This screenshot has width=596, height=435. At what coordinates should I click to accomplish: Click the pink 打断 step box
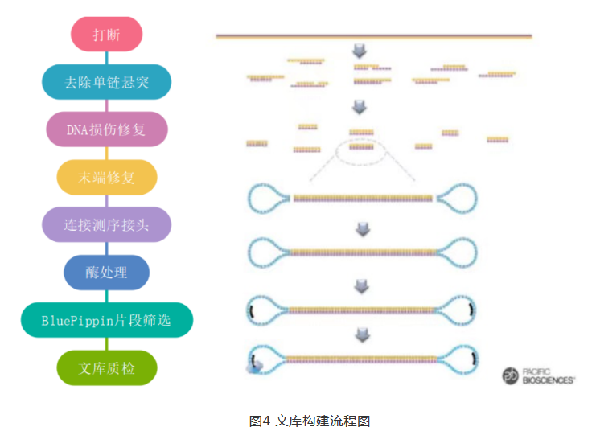pos(107,35)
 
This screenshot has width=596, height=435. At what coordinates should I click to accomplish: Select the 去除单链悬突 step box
pos(107,81)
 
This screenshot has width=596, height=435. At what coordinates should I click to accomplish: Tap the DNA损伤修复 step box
pos(107,129)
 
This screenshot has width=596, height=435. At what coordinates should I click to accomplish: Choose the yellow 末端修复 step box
pos(107,178)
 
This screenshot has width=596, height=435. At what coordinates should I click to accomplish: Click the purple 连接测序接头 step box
pos(107,224)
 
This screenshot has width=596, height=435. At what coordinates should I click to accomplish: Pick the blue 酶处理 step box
pos(107,272)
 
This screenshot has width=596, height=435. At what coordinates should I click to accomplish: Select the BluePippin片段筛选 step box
pos(107,319)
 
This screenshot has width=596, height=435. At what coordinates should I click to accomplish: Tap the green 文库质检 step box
pos(107,367)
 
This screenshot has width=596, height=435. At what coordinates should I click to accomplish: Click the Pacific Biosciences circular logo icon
pos(512,375)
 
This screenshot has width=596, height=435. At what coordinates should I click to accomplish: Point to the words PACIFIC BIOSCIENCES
pos(548,375)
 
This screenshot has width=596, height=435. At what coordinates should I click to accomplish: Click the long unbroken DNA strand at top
pos(373,36)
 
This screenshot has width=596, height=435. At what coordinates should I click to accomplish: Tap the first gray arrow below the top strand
pos(360,51)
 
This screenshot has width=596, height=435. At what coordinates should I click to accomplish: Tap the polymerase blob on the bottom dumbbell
pos(255,367)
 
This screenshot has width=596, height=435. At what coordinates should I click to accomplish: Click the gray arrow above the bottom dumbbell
pos(362,334)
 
